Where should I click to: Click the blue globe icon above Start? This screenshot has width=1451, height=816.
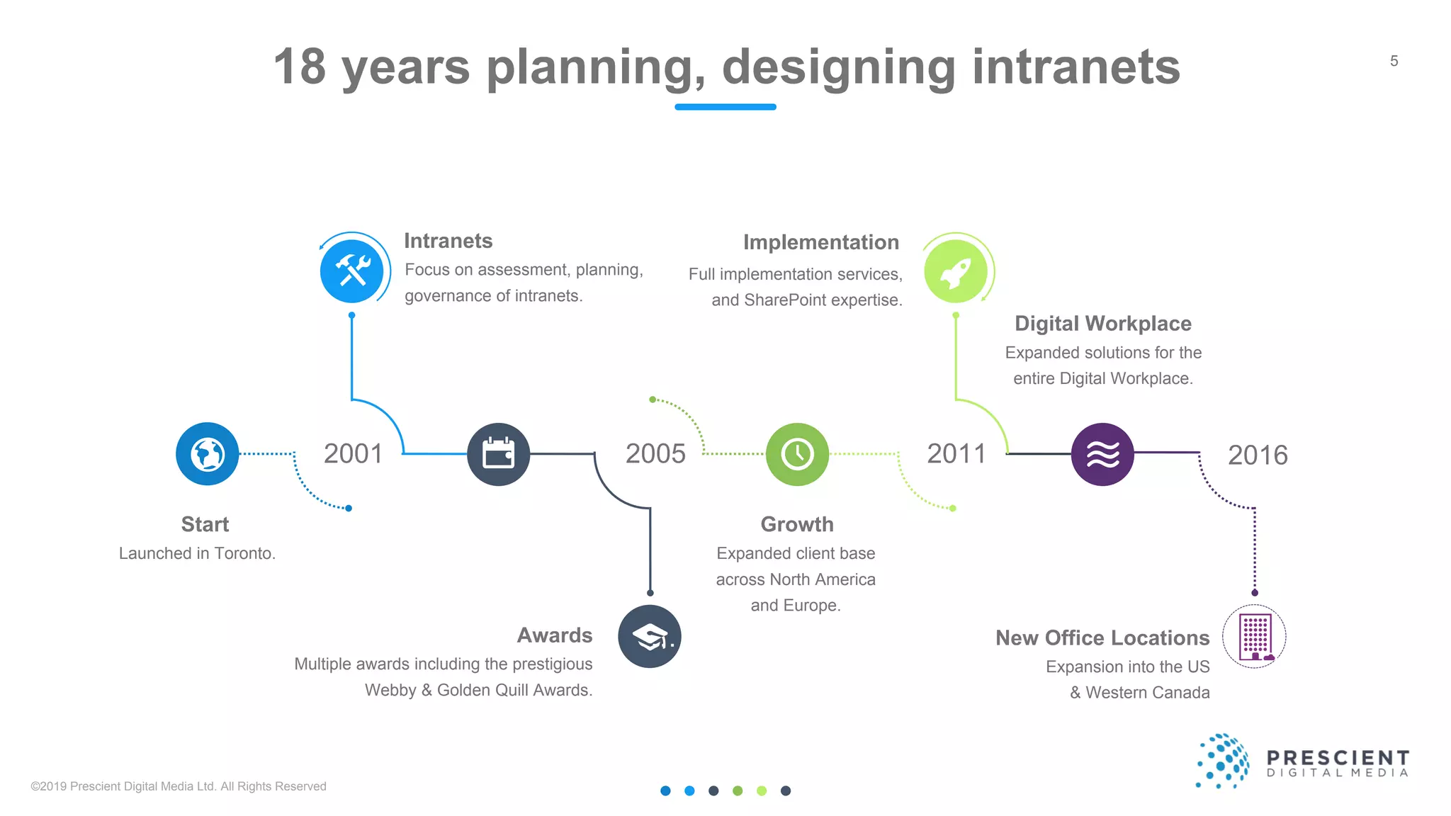pos(208,454)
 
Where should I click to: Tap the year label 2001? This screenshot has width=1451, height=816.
pos(353,454)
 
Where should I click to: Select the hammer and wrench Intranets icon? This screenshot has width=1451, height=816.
pos(352,271)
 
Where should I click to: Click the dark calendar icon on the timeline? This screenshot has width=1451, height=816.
pos(499,454)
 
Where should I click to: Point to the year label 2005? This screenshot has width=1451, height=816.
pos(655,454)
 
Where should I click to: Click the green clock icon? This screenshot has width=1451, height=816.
pos(798,454)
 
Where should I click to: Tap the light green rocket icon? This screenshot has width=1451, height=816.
pos(956,272)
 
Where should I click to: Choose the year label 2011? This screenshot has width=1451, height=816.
pos(956,454)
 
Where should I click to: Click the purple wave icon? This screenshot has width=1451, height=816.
pos(1102,454)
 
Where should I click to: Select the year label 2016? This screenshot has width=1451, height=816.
pos(1258,455)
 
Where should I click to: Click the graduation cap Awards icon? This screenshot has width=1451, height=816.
pos(650,636)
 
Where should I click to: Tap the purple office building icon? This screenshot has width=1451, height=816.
pos(1255,636)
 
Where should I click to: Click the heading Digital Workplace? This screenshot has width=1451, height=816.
pos(1103,324)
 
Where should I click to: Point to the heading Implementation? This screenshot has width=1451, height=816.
pos(821,242)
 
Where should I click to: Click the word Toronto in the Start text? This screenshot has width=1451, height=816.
pos(244,554)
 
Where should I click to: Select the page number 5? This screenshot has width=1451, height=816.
pos(1394,62)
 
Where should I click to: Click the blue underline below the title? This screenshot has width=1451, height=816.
pos(725,107)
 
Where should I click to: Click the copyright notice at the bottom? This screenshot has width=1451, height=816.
pos(179,786)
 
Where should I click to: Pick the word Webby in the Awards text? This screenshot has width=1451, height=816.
pos(390,691)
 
